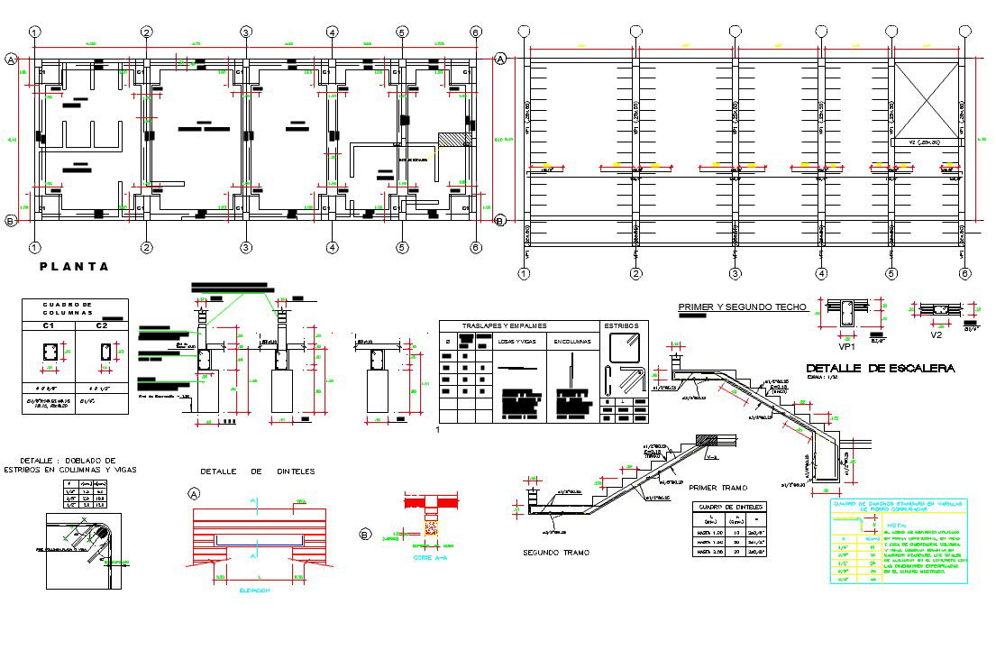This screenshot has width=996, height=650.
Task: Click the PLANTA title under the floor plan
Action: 74,267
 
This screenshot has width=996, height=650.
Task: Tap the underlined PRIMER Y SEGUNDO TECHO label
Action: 741,307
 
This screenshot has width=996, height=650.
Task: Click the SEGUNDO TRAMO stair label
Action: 557,553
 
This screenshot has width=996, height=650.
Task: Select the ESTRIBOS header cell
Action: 621,326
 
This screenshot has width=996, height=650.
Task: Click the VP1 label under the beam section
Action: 846,344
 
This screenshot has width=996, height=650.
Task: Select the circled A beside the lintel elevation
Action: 194,493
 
